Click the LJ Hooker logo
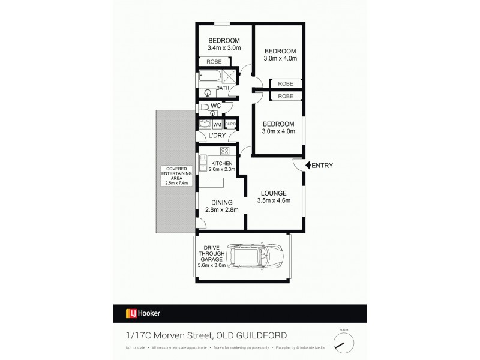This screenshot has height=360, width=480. [142, 313]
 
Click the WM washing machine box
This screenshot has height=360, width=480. [217, 125]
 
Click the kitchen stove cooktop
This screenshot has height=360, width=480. [226, 151]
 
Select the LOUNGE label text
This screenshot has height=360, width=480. [272, 193]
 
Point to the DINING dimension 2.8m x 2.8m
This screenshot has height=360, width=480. [222, 209]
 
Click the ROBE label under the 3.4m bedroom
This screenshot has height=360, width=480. [214, 61]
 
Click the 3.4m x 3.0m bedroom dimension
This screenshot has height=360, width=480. [224, 48]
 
